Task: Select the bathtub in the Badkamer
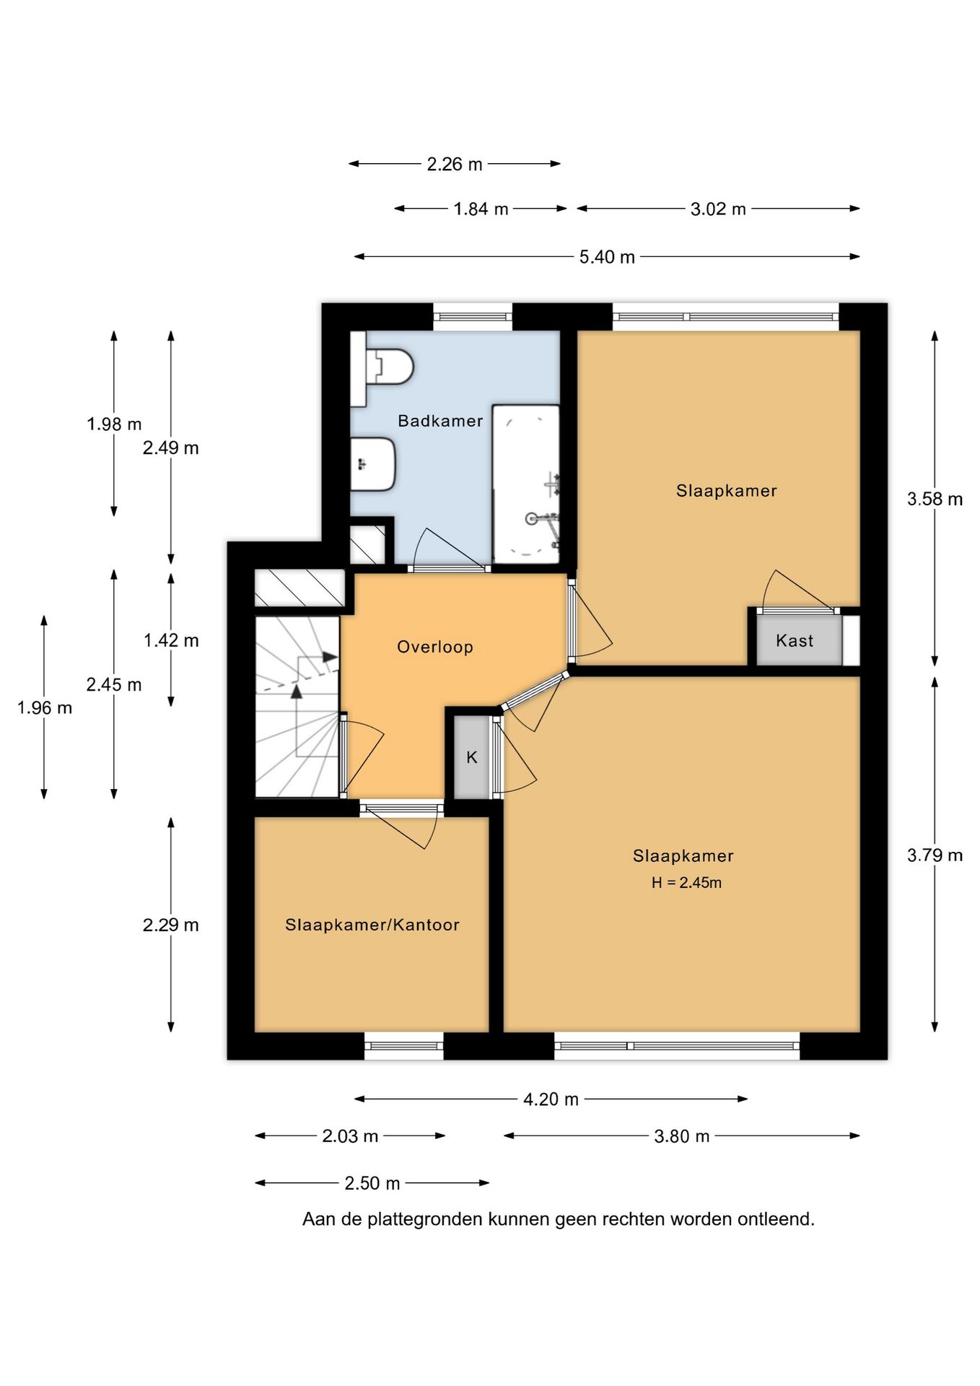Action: (x=526, y=484)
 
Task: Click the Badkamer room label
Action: (x=440, y=421)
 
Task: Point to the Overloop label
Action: (x=435, y=647)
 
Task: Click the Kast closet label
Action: (x=795, y=640)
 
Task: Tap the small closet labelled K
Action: (x=472, y=757)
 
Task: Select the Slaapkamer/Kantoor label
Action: (x=372, y=925)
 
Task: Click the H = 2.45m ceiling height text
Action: (x=686, y=882)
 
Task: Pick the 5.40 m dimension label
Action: (x=607, y=257)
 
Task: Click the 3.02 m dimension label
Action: (x=718, y=209)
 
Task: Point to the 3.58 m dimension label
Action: (x=935, y=499)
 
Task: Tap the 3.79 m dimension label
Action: (x=935, y=855)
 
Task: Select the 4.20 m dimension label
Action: (x=551, y=1099)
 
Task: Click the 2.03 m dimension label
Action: (x=350, y=1136)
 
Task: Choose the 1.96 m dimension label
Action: (x=45, y=708)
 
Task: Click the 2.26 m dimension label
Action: (x=455, y=165)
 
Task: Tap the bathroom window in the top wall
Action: (x=473, y=316)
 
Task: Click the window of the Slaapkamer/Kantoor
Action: (x=403, y=1045)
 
